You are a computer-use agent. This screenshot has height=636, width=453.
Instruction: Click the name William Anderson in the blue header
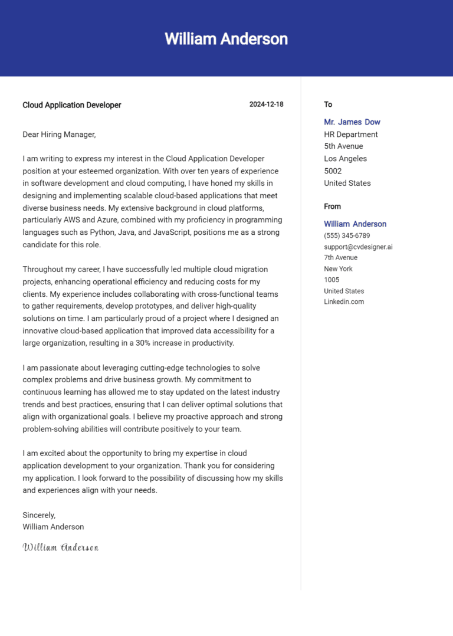click(x=226, y=39)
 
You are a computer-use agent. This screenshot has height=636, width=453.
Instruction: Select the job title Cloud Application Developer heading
click(x=71, y=105)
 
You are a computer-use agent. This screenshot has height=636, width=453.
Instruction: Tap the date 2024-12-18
click(x=266, y=104)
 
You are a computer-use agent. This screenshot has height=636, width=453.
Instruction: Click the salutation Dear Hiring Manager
click(x=59, y=135)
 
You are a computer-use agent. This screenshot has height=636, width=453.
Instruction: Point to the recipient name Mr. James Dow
click(x=352, y=122)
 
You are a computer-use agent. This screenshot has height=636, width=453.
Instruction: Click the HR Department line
click(x=350, y=135)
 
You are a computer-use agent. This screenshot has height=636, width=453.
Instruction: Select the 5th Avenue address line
click(x=343, y=146)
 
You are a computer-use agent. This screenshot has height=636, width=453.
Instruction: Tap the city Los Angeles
click(x=345, y=159)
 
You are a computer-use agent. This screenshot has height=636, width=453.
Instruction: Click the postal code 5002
click(x=333, y=171)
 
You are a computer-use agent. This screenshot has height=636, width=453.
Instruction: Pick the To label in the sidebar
click(x=328, y=104)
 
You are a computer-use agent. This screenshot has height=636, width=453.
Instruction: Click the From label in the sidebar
click(x=332, y=206)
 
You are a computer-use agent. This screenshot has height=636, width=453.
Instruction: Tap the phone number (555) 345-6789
click(x=347, y=235)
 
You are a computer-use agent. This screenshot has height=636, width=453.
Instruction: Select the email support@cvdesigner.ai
click(x=358, y=247)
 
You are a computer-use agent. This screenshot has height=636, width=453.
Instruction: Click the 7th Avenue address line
click(x=340, y=258)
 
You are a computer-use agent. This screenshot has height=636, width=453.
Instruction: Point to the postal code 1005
click(x=331, y=280)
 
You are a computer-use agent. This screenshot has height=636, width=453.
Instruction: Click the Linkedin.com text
click(x=344, y=301)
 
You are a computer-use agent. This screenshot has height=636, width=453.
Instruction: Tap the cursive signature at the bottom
click(x=60, y=548)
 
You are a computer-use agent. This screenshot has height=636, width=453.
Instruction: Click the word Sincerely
click(x=39, y=515)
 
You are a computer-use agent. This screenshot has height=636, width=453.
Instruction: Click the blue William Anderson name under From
click(x=355, y=224)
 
